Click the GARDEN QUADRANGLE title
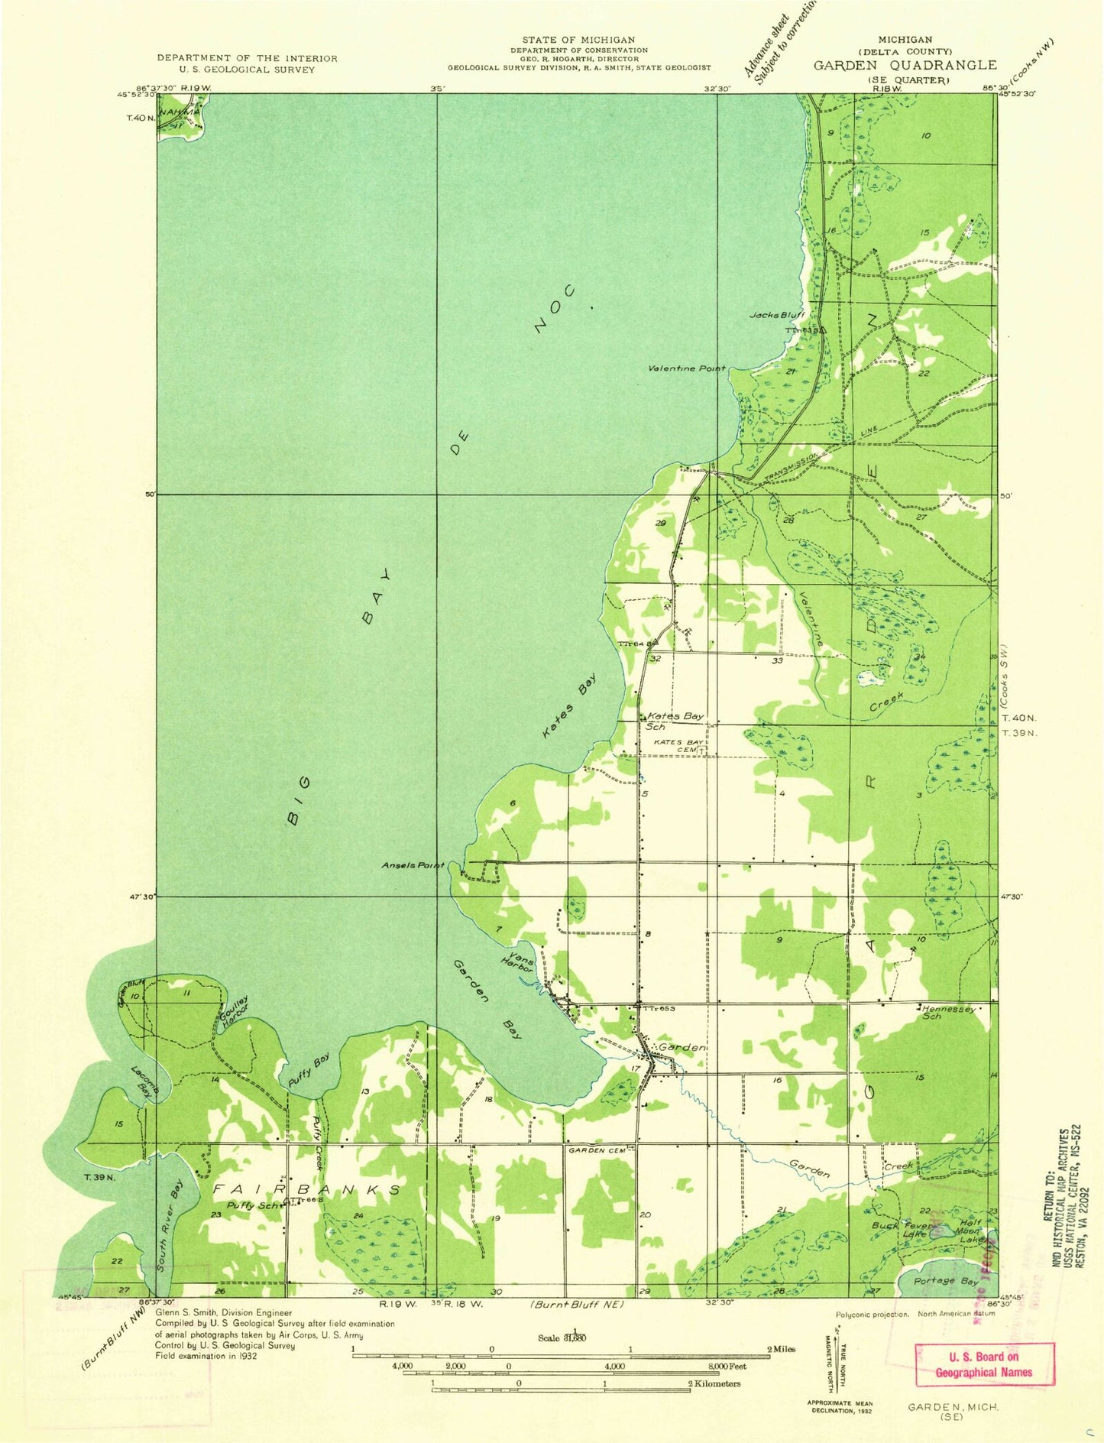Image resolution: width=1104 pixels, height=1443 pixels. point(905,66)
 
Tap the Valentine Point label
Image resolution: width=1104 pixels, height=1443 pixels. point(686,368)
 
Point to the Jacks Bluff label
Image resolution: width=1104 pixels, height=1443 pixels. point(776,316)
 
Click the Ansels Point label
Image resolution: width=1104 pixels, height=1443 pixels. point(413,865)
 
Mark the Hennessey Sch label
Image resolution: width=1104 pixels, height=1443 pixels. point(948,1012)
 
